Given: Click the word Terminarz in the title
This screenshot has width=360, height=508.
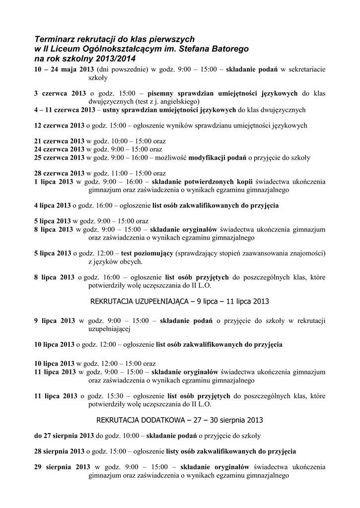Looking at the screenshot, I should (52, 39).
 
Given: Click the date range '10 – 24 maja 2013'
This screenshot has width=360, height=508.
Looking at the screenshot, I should (64, 69).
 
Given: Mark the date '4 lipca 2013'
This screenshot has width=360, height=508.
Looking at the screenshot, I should (53, 205).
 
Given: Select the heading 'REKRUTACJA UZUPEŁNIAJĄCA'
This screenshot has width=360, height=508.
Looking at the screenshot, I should (143, 301).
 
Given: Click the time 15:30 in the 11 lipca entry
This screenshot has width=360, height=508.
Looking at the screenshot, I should (129, 396).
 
